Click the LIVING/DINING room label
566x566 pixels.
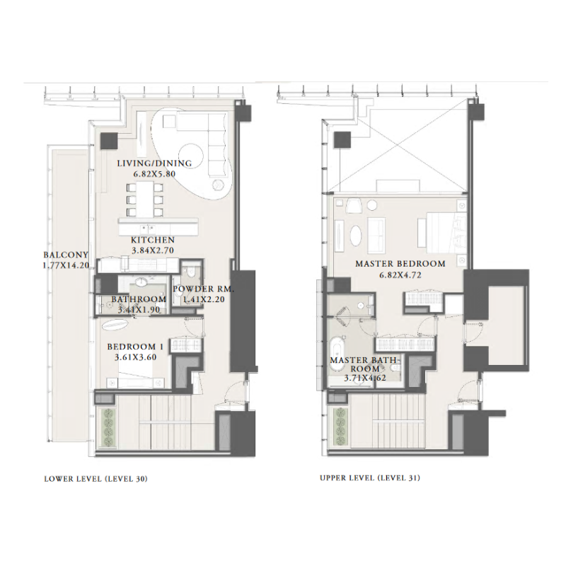(x=154, y=163)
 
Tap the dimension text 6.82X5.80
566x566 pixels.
(x=154, y=173)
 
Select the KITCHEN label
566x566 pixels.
(x=153, y=241)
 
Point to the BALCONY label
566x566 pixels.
(x=65, y=255)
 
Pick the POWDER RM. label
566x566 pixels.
(x=202, y=290)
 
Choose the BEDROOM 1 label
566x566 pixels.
(x=136, y=347)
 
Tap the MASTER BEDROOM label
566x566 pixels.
(x=400, y=264)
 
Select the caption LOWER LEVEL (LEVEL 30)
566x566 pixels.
(x=96, y=479)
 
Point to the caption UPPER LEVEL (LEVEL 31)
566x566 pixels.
(x=370, y=479)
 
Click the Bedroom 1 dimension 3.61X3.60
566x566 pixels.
(x=135, y=357)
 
